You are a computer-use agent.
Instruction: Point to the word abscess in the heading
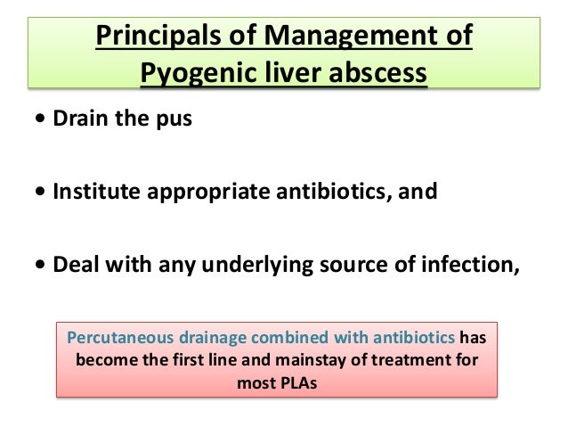pos(376,75)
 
